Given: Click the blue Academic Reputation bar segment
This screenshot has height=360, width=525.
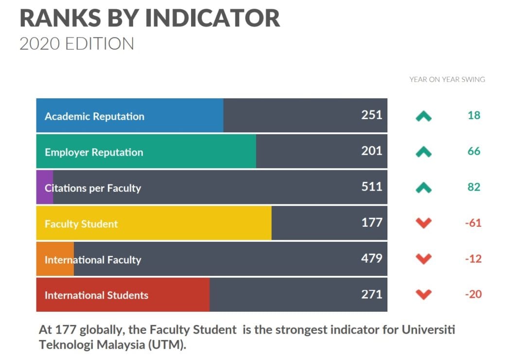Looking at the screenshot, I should point(130,115).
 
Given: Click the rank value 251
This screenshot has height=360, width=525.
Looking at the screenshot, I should point(372,115).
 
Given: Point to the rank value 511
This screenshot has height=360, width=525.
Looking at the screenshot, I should point(372,187).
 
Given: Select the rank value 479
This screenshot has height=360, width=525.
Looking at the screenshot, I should point(372,258).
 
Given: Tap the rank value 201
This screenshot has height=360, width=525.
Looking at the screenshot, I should point(372,151).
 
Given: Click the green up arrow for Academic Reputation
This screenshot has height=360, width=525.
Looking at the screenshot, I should point(424,116).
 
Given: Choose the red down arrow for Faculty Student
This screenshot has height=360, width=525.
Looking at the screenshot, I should point(424,223).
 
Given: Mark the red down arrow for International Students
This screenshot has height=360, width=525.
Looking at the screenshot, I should point(424,294).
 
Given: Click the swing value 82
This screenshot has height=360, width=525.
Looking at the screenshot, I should point(473,187).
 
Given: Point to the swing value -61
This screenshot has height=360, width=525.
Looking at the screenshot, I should point(473,223).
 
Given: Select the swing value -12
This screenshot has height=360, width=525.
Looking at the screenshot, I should point(473,259).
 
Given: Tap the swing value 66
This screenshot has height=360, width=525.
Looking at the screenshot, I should point(473,151).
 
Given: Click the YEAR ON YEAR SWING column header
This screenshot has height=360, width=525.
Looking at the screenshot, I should point(447,79).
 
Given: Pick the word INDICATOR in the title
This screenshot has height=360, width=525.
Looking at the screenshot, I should point(212,18).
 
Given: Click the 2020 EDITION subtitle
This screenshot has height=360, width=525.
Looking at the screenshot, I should point(76,44).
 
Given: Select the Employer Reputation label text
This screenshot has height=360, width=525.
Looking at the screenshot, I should point(94,152).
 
